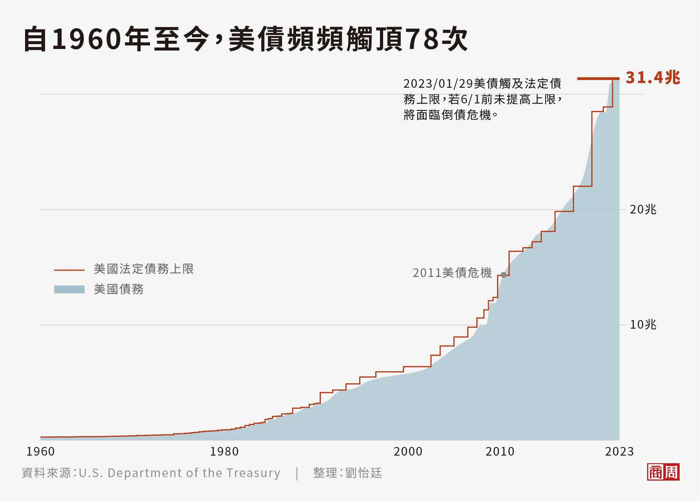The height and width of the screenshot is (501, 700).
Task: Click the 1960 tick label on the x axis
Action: coord(40,452)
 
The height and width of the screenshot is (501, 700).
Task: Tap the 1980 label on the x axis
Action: coord(224,452)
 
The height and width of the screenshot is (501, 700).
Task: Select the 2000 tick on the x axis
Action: coord(408,452)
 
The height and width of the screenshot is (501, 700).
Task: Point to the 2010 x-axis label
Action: coord(500,452)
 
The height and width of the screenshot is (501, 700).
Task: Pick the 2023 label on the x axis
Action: coord(619,452)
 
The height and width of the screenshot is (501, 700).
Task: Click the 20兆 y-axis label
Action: coord(643,210)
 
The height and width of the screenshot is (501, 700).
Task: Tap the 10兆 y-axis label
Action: coord(643,325)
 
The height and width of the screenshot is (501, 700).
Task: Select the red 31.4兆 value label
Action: coord(653,78)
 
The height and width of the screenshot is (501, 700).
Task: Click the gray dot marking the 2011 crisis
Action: coord(503,275)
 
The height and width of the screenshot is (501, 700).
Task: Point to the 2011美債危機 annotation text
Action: coord(452,273)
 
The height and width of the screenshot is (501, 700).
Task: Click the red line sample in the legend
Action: coord(69,270)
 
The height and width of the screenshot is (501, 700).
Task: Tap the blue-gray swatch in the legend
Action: coord(69,289)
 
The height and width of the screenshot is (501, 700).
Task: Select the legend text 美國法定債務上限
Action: coord(144,269)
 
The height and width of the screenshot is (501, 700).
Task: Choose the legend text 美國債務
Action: coord(119,289)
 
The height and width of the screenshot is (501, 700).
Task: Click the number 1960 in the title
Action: coord(86,40)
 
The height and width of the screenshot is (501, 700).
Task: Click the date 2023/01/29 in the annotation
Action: coord(438,84)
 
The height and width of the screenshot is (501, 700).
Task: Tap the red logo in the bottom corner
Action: coord(663,472)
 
